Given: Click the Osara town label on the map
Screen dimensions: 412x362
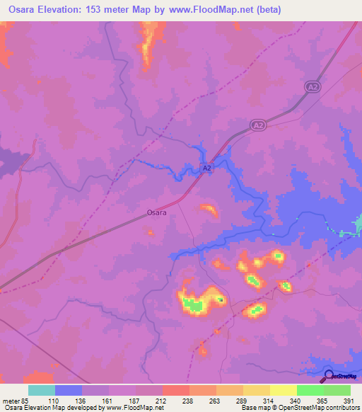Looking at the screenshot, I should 156,212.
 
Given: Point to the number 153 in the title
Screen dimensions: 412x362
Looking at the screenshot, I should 115,9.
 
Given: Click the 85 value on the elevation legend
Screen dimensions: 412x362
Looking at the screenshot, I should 26,400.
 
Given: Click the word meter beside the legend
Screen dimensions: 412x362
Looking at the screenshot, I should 10,400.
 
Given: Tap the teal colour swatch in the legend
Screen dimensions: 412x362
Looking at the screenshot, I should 42,390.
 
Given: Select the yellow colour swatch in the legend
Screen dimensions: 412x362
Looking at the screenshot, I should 284,390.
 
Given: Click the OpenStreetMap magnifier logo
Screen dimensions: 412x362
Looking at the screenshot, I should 328,375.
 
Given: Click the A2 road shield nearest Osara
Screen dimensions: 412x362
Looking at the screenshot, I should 206,168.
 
